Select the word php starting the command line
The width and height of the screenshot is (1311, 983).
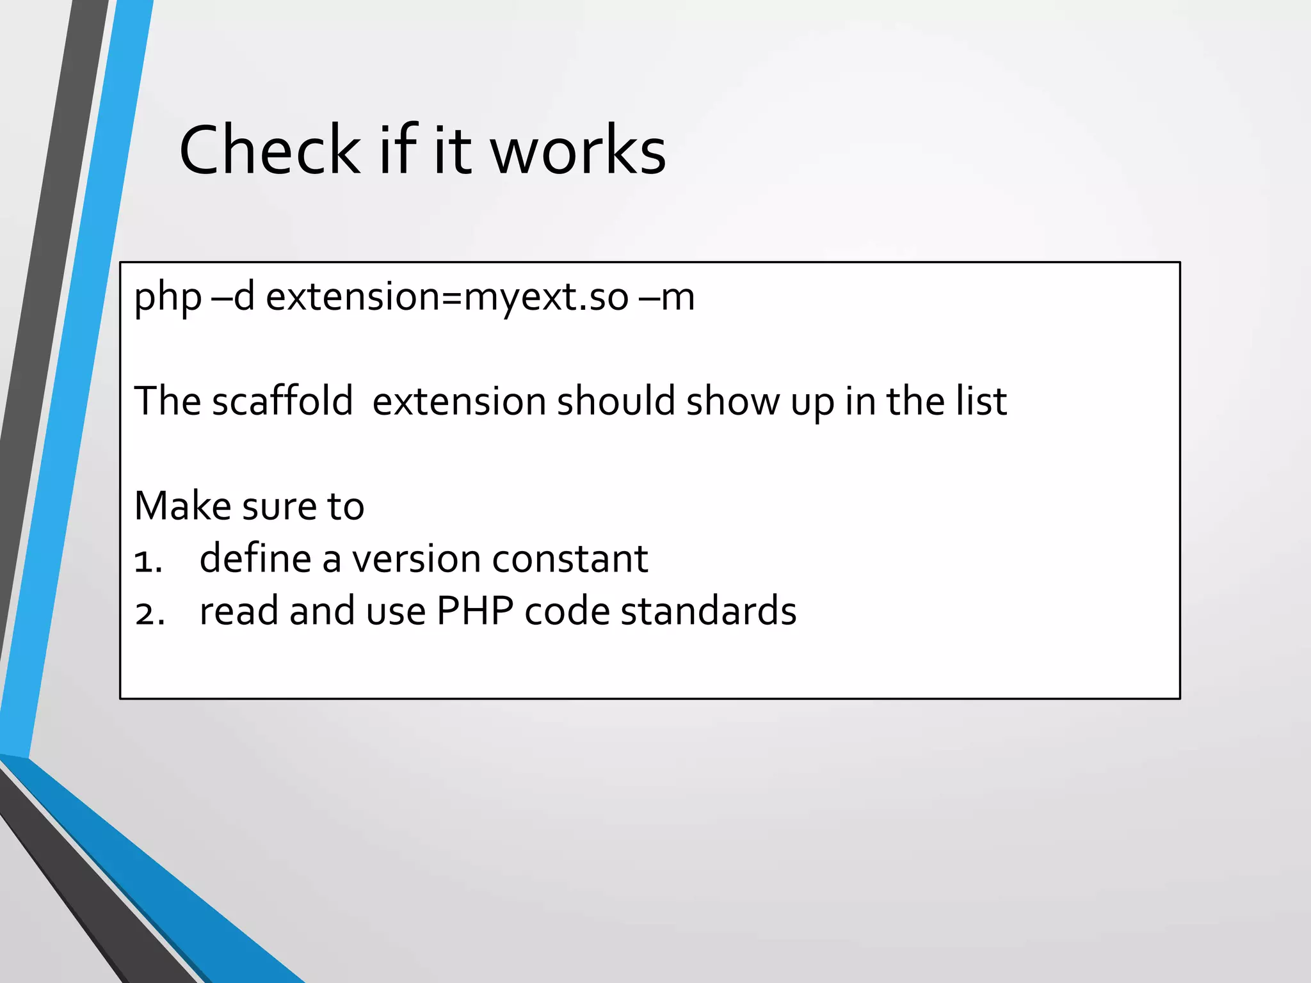[x=168, y=298]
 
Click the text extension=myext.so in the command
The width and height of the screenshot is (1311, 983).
[x=447, y=298]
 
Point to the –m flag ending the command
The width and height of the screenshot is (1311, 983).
[x=666, y=298]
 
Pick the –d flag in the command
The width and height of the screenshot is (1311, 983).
[x=233, y=298]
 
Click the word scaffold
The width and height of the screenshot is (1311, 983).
[x=282, y=401]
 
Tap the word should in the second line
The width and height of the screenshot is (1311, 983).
[x=616, y=401]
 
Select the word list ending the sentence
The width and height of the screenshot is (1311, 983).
[x=981, y=401]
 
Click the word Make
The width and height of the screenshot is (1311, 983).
[x=182, y=506]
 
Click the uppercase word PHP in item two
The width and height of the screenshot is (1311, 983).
[x=474, y=611]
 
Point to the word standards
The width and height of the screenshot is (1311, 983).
[x=708, y=611]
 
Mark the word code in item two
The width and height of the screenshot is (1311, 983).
[x=567, y=611]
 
